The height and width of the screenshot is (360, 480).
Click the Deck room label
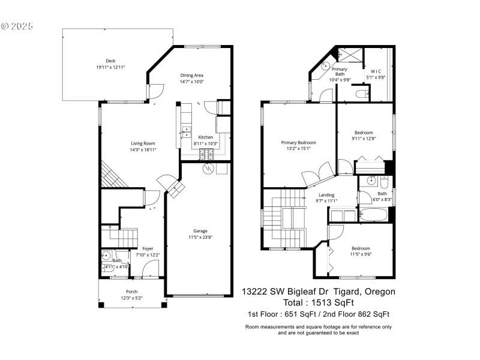110,61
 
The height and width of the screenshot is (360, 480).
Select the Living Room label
143,143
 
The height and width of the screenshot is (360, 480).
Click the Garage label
200,230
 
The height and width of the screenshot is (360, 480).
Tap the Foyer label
147,248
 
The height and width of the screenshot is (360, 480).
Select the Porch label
131,292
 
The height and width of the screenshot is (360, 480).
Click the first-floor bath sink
105,254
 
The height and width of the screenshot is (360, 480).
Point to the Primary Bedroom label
298,143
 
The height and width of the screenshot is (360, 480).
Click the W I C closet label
376,71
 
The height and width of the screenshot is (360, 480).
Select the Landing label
326,194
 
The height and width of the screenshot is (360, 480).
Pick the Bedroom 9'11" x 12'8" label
363,133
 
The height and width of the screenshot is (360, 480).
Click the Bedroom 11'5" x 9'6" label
361,248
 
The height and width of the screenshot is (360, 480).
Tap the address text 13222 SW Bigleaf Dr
284,292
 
